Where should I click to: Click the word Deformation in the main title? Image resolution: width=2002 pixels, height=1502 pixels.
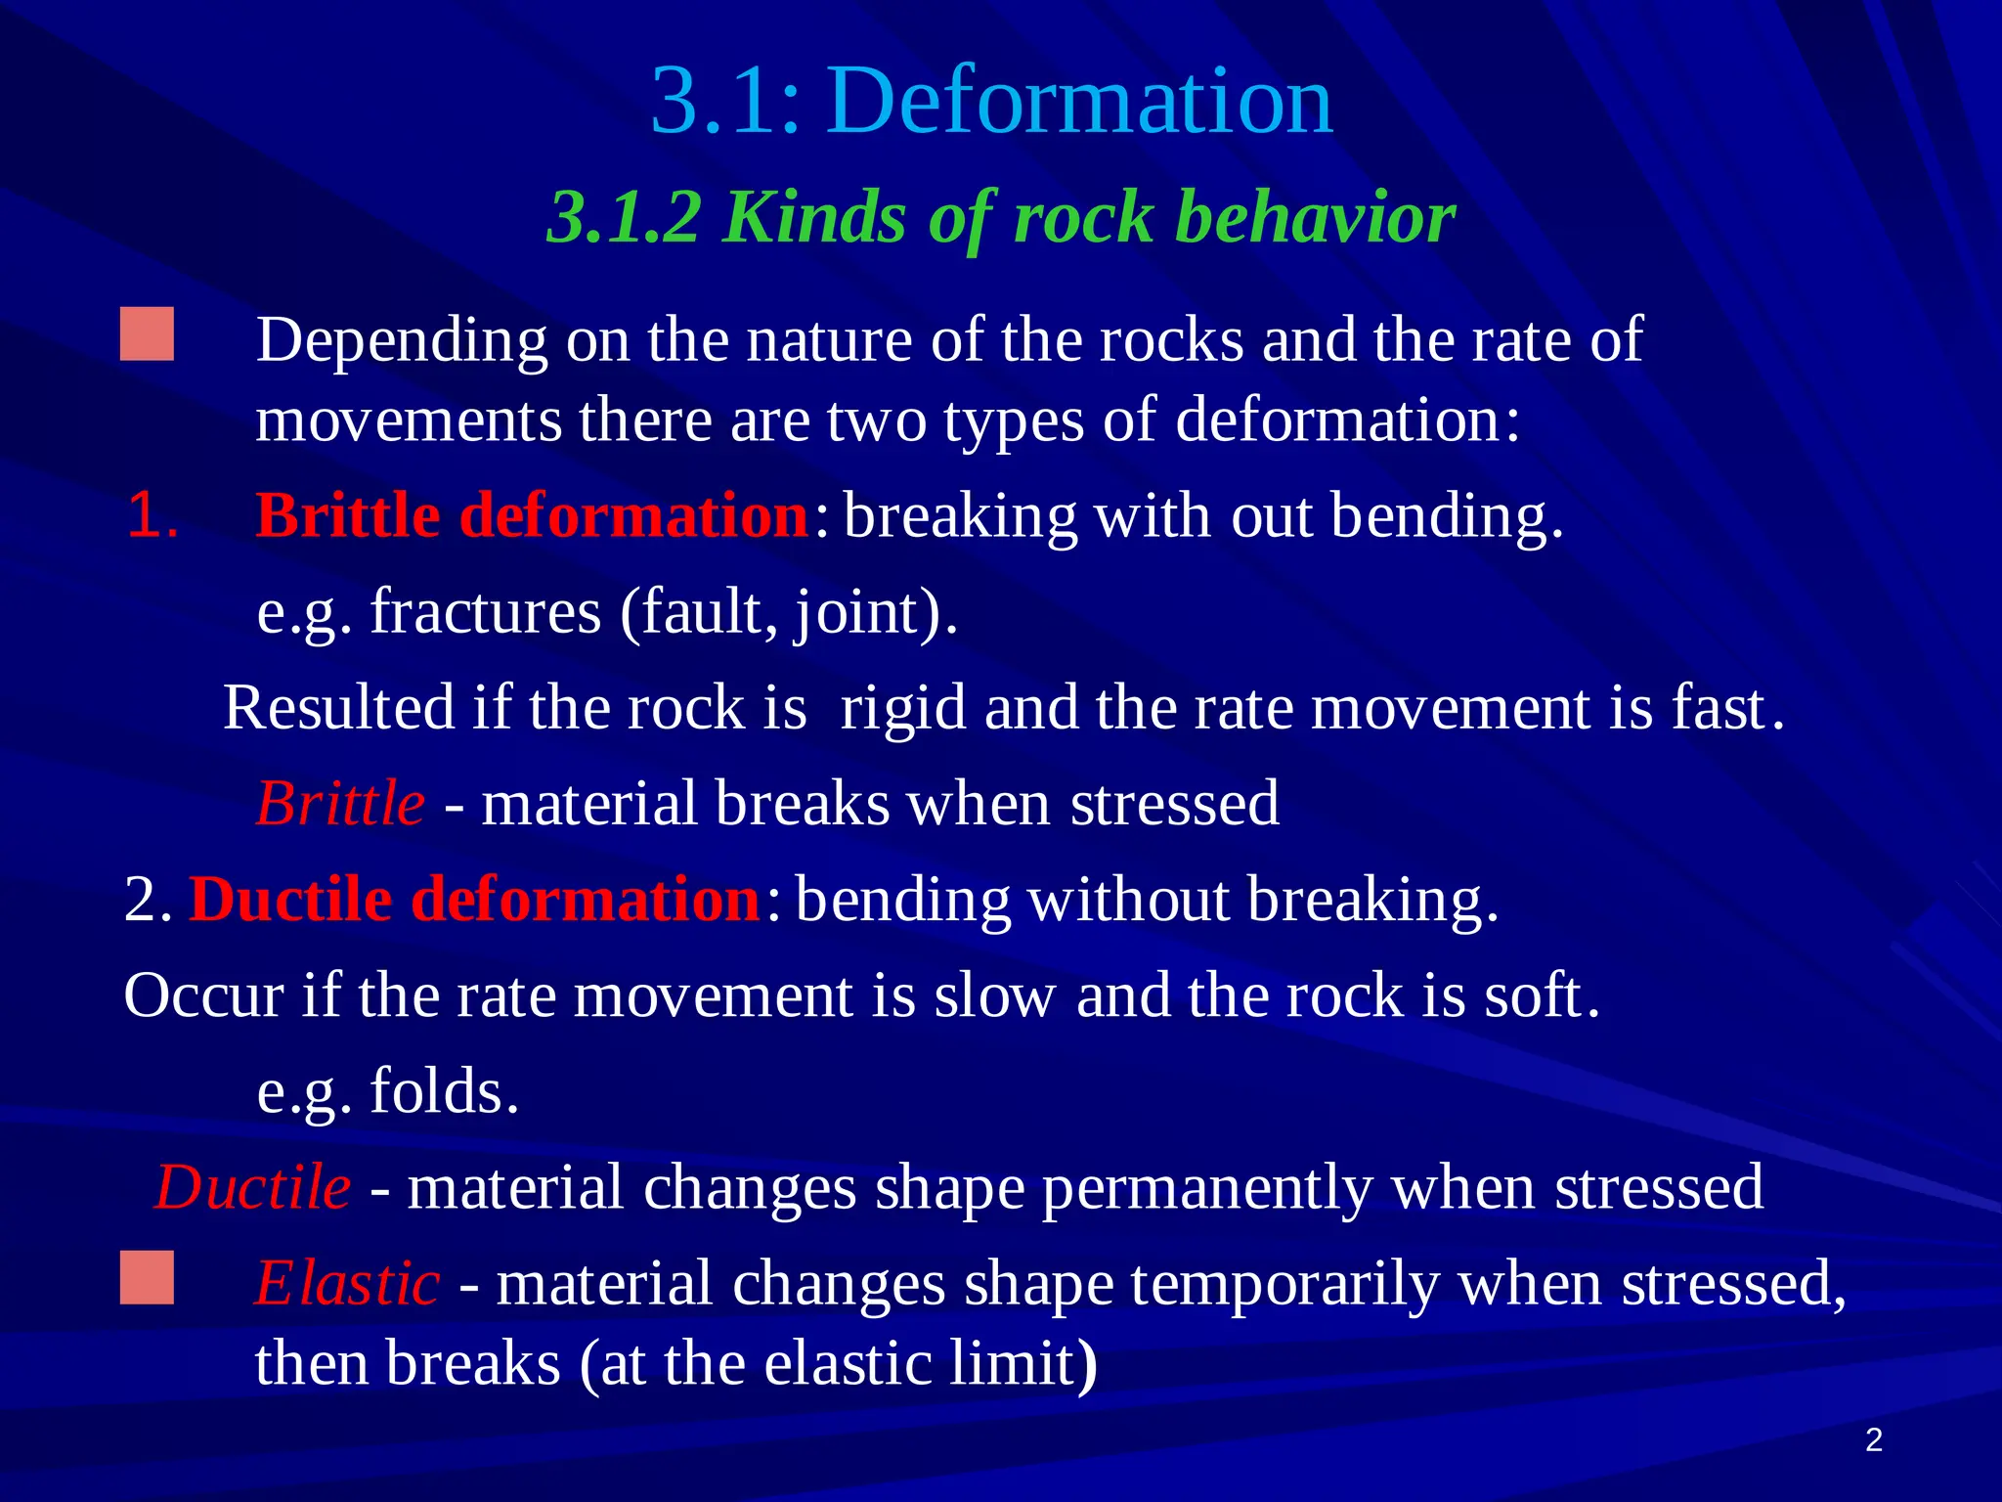click(1079, 101)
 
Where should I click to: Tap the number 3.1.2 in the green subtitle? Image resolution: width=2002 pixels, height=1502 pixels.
click(624, 217)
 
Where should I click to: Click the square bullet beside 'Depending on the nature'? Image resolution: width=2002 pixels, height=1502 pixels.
click(147, 334)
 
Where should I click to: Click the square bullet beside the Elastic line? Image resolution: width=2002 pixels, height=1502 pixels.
click(147, 1277)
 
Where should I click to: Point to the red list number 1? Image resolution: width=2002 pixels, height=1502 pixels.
click(152, 515)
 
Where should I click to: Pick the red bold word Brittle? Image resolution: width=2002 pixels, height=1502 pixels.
click(347, 515)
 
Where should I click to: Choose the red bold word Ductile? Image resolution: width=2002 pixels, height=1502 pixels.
click(290, 899)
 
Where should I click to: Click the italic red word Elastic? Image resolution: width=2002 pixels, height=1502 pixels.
click(347, 1283)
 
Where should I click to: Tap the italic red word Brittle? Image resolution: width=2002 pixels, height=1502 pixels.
click(340, 804)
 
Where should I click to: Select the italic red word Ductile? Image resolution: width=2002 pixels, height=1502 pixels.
click(252, 1187)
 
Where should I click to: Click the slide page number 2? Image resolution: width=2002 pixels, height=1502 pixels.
click(1873, 1440)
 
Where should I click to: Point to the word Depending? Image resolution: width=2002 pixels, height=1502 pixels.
click(402, 340)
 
